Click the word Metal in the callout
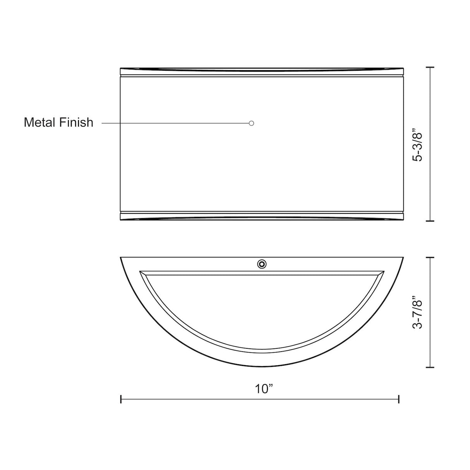(x=40, y=122)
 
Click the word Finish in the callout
(x=76, y=122)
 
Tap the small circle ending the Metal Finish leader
(x=252, y=123)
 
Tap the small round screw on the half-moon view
(x=262, y=264)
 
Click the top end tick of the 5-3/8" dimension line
(x=430, y=67)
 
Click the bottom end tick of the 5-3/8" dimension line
(x=430, y=221)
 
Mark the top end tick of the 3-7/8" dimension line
(x=430, y=257)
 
